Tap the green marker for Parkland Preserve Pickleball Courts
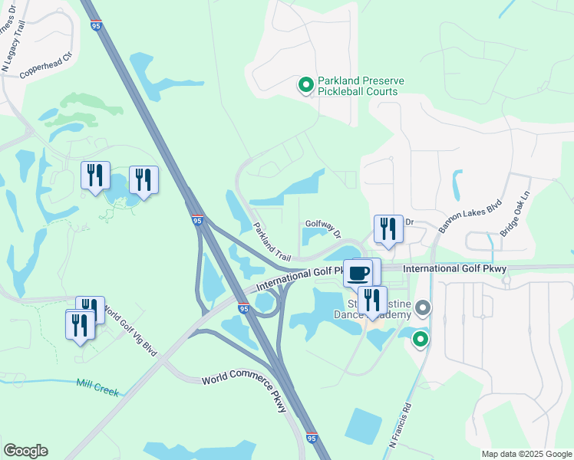(305, 85)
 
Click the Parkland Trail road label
(273, 241)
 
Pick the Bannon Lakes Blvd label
(459, 216)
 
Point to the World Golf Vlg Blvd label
(130, 331)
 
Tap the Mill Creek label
(97, 388)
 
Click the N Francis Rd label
(401, 426)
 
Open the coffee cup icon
(358, 272)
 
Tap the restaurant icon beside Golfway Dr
(388, 228)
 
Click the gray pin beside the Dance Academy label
(423, 309)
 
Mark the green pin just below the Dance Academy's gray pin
(421, 339)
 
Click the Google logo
(25, 451)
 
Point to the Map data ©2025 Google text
(526, 454)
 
